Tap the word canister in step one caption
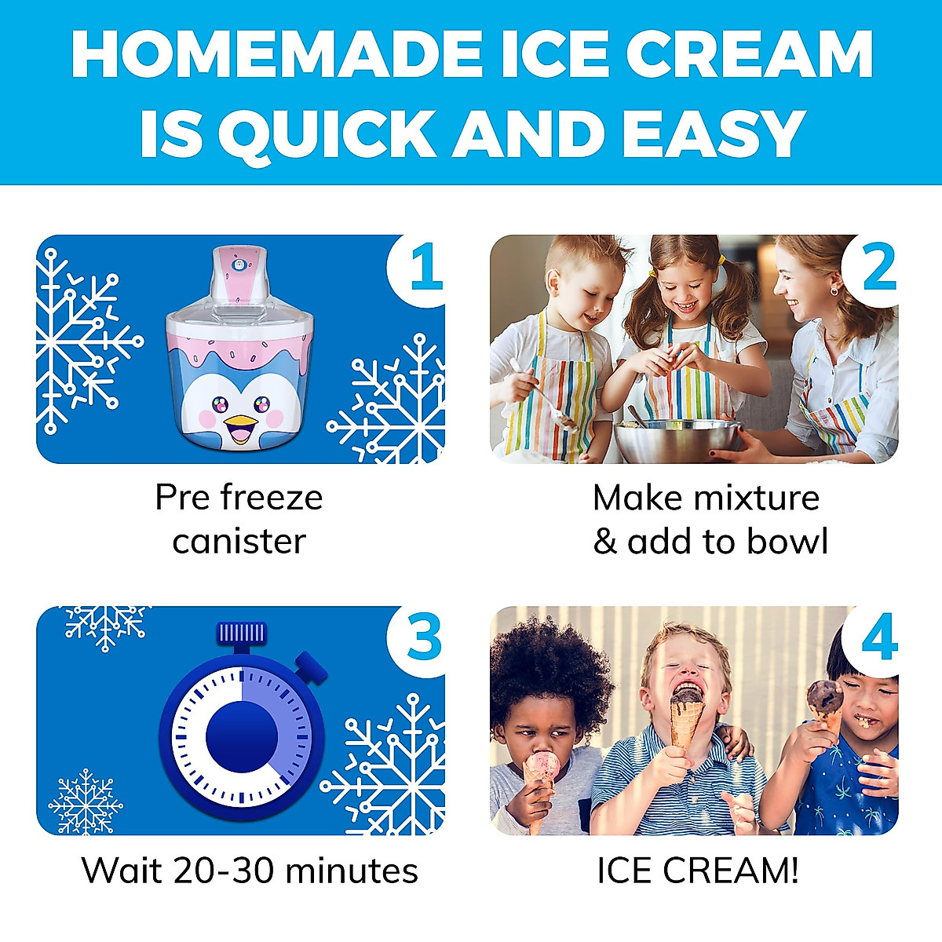(x=239, y=541)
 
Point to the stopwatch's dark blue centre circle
(x=241, y=737)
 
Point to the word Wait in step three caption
(x=121, y=870)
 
